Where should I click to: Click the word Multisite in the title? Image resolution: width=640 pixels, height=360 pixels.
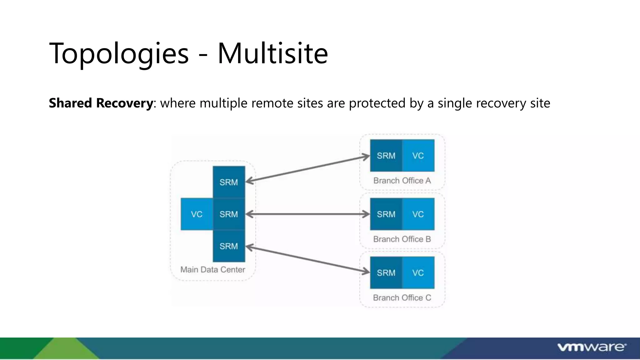pos(272,54)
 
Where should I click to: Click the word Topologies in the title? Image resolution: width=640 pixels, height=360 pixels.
pos(119,54)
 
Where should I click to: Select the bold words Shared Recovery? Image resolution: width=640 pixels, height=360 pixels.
pos(101,103)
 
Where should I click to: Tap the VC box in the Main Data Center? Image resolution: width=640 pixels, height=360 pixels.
pos(197,214)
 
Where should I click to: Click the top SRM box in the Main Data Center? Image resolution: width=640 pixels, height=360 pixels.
pos(229,182)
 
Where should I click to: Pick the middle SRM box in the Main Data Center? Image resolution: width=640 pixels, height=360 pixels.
pos(229,214)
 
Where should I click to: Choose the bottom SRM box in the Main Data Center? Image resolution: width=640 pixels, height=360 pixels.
pos(229,246)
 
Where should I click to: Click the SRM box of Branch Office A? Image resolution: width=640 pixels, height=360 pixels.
pos(386,156)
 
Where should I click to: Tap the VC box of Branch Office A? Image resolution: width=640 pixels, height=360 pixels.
pos(418,156)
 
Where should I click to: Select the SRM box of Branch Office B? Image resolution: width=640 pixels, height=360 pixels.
pos(386,214)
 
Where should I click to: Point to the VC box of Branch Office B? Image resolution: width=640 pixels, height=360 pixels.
pos(418,214)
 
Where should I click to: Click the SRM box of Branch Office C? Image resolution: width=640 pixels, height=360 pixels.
pos(386,272)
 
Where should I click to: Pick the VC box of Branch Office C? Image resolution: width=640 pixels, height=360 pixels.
pos(418,272)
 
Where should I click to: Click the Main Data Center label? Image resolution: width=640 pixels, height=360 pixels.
pos(212,269)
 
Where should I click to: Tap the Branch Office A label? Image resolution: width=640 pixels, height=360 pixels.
pos(402,181)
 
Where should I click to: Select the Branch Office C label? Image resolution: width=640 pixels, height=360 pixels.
pos(402,297)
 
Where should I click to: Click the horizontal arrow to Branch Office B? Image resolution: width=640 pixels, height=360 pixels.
pos(308,214)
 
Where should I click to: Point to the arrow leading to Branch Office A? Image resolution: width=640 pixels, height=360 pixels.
pos(308,169)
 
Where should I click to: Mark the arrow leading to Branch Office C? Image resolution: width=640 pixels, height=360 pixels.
pos(308,259)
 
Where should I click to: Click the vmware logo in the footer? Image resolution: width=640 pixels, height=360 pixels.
pos(592,347)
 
